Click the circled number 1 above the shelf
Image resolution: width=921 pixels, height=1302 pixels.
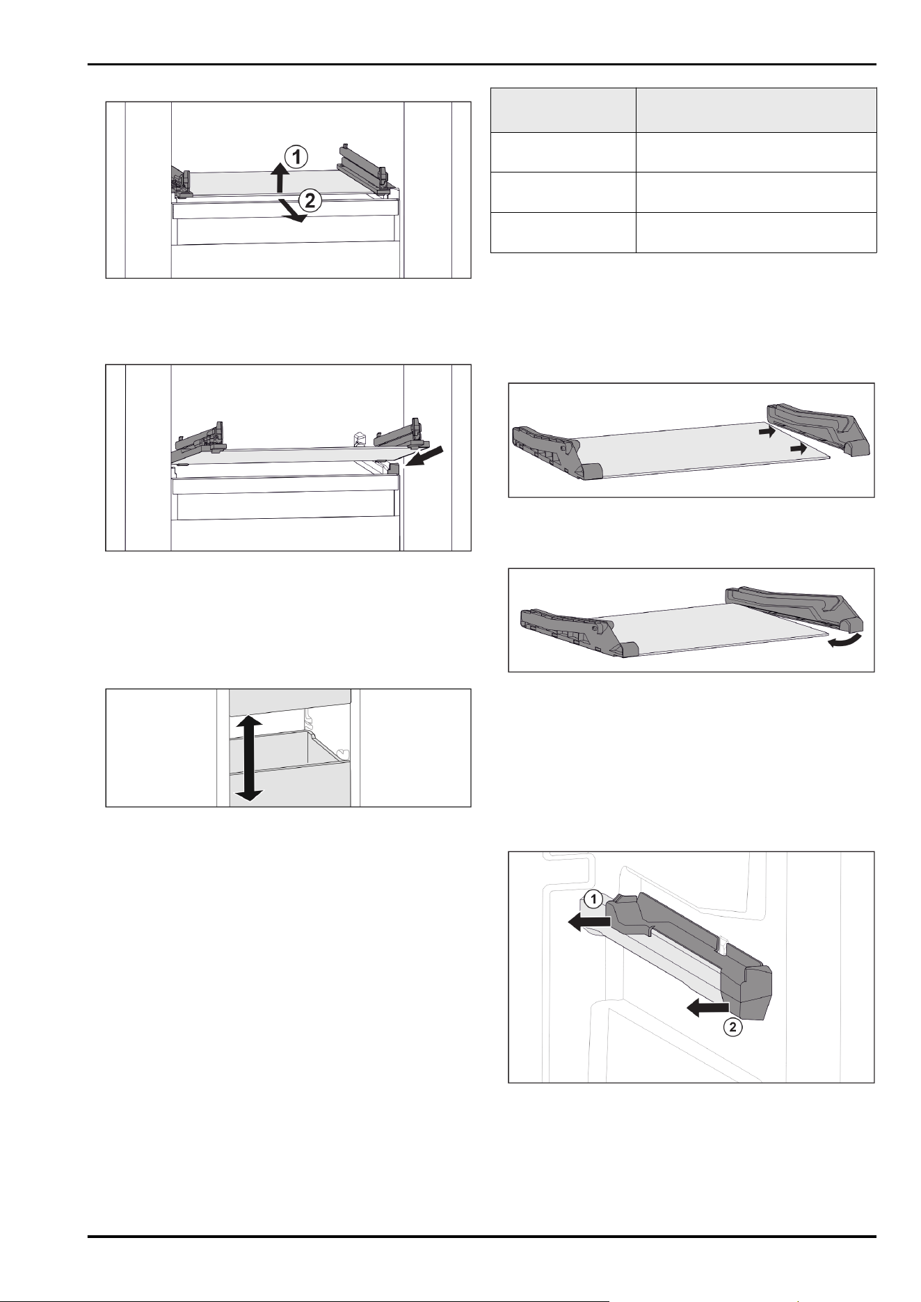pyautogui.click(x=296, y=157)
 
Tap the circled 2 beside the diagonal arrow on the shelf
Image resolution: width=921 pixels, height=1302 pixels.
pyautogui.click(x=310, y=201)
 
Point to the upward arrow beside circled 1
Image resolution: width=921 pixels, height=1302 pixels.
pyautogui.click(x=279, y=177)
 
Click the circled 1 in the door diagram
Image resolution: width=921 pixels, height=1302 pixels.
pyautogui.click(x=592, y=900)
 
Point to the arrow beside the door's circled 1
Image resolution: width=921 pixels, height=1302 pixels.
pyautogui.click(x=589, y=922)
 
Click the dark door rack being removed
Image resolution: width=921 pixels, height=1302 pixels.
pyautogui.click(x=689, y=956)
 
